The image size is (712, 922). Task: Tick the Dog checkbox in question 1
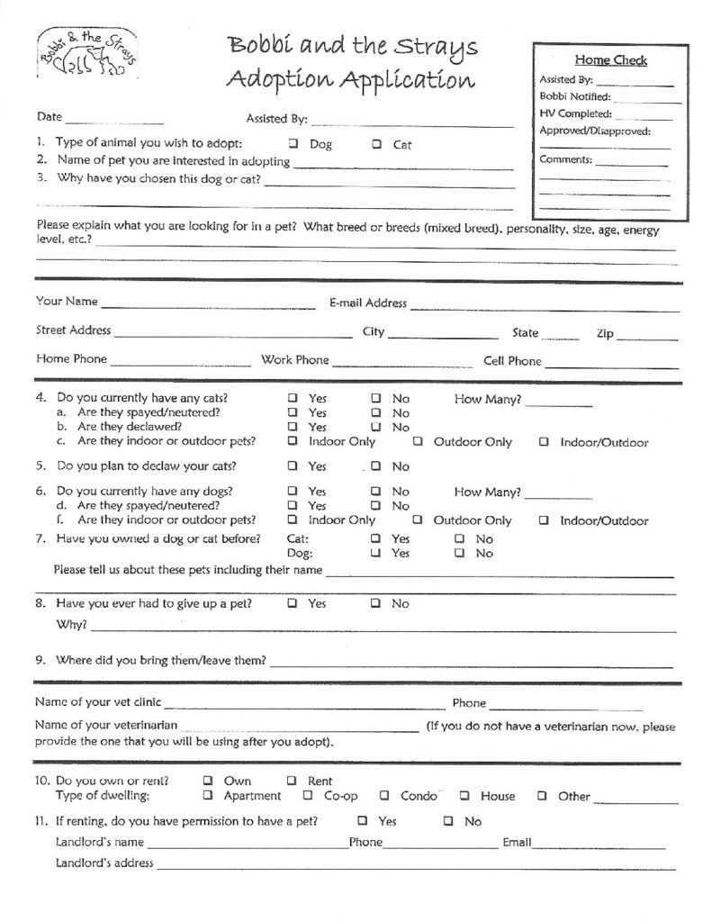[293, 144]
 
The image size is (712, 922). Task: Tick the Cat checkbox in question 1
[376, 144]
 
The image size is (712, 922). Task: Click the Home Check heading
[610, 60]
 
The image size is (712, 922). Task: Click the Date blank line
[114, 119]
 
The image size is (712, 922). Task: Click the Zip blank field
[647, 336]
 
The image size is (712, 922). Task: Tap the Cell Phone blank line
[611, 364]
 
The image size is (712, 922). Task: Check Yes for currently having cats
[293, 398]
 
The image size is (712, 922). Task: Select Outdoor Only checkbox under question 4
[419, 442]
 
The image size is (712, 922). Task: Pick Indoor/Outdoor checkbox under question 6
[545, 520]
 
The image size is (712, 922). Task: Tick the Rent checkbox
[293, 781]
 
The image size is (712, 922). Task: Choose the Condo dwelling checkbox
[384, 796]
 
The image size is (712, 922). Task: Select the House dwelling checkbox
[464, 796]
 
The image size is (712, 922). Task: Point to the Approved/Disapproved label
[594, 131]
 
